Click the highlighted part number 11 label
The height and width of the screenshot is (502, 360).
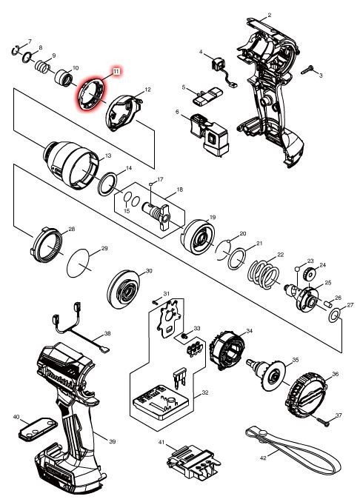(x=116, y=71)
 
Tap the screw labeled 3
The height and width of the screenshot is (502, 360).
(x=307, y=70)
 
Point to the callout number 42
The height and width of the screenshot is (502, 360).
(x=263, y=458)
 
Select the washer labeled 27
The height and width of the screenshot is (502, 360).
(x=334, y=315)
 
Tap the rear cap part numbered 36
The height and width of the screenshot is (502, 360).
(x=306, y=397)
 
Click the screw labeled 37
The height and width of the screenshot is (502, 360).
(x=324, y=422)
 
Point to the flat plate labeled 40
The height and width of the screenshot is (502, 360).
(x=38, y=429)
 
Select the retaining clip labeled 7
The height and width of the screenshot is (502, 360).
(x=16, y=50)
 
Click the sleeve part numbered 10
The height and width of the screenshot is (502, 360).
(x=64, y=78)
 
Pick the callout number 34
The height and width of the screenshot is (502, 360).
(x=249, y=330)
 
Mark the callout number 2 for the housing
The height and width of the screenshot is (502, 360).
(x=270, y=15)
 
